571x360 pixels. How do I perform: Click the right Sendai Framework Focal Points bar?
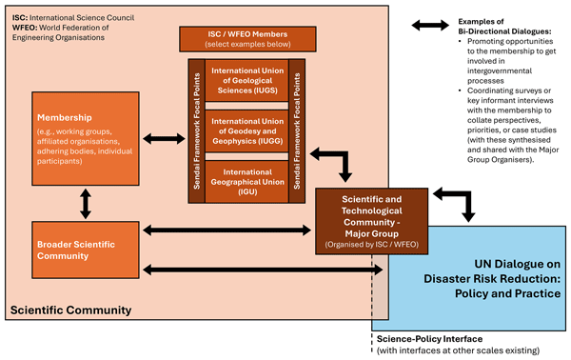(x=296, y=130)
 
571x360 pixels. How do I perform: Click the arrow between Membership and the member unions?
(x=163, y=139)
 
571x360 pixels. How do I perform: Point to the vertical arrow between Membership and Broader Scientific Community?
(x=85, y=202)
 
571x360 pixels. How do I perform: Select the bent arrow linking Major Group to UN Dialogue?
(x=456, y=202)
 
